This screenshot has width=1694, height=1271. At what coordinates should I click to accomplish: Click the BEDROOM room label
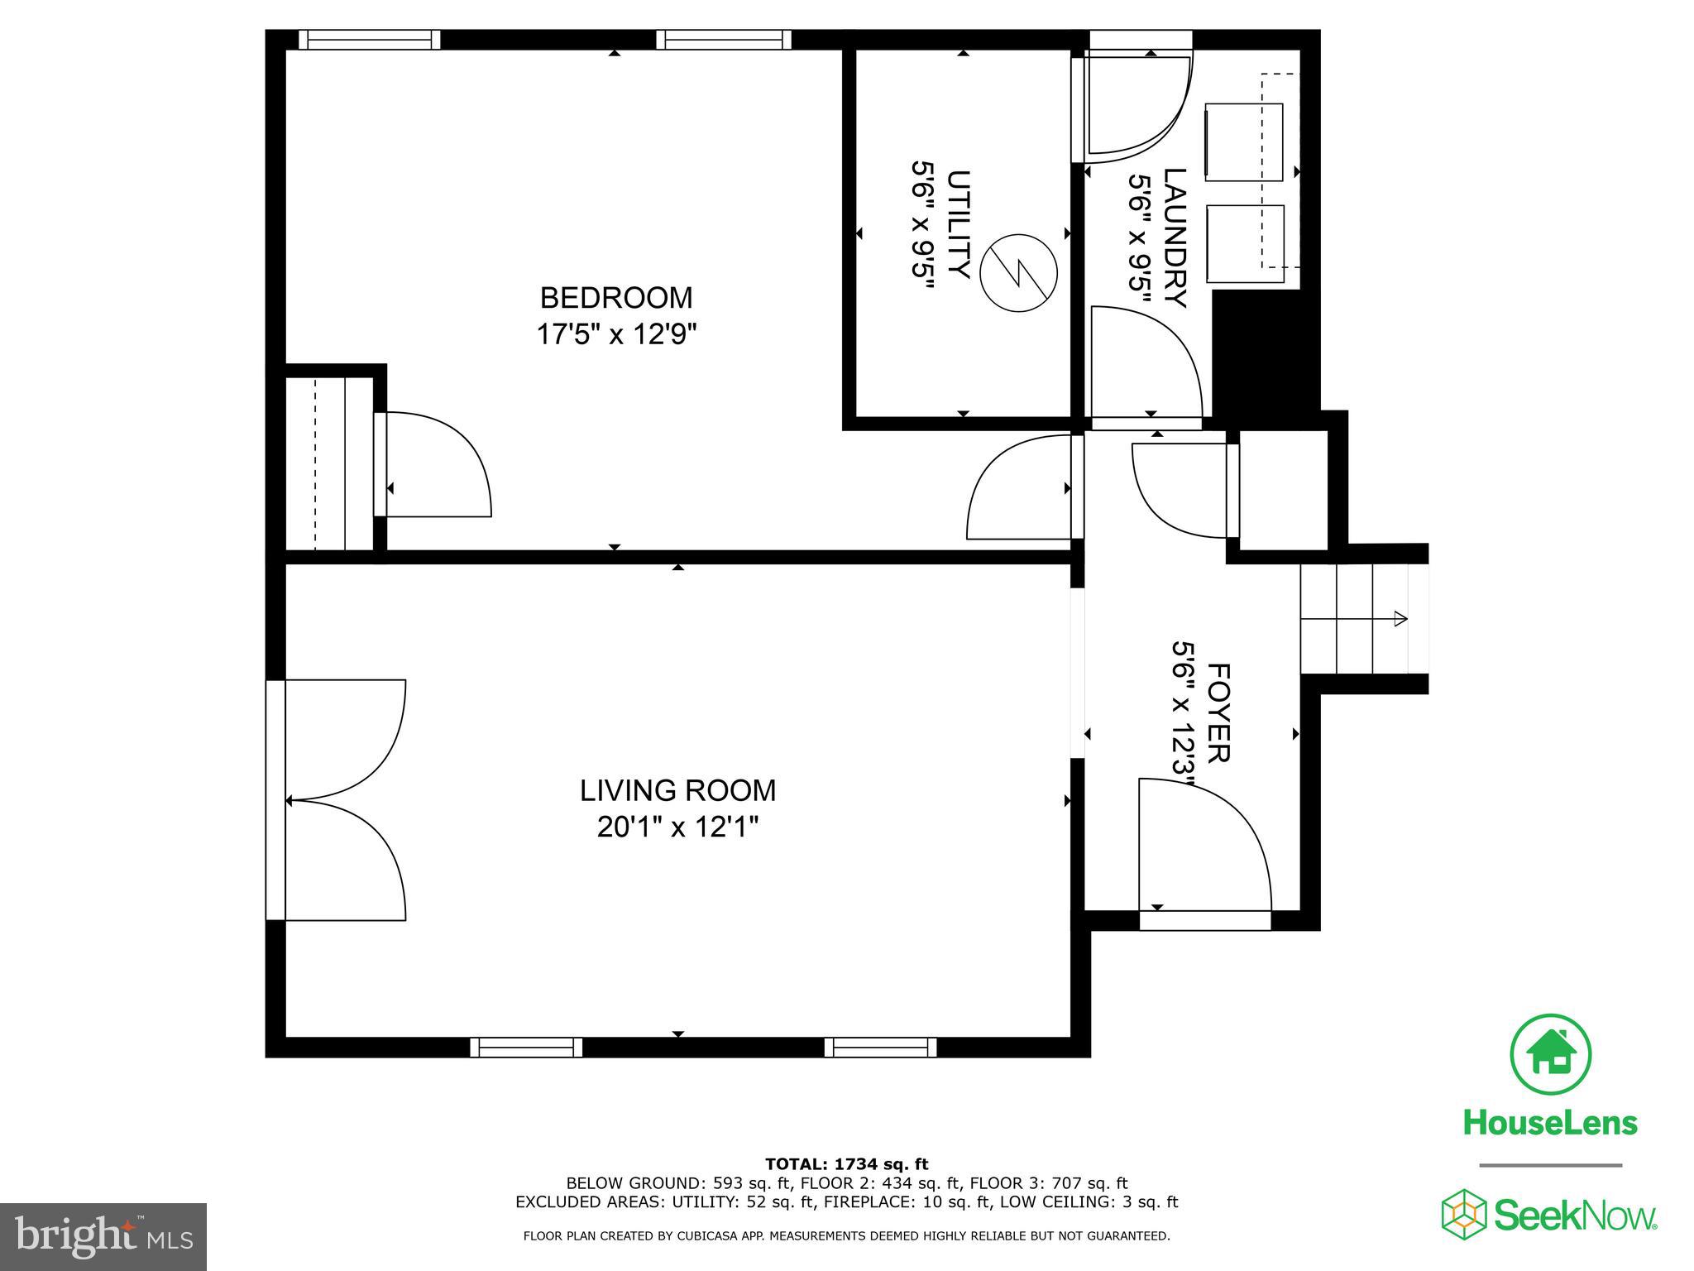615,297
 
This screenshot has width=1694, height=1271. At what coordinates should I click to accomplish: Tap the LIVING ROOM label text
677,791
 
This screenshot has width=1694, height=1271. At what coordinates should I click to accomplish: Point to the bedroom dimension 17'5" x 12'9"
615,334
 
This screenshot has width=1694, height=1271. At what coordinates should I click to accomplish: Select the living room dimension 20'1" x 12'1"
677,827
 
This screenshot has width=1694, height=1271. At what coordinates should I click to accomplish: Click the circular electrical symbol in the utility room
1018,272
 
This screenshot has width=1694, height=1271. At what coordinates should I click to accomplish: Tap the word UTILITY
958,224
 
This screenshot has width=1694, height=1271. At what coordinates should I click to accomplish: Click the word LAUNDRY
1175,237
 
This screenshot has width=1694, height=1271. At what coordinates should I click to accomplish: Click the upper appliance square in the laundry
1243,141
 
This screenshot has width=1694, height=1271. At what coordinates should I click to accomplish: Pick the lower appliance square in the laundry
1245,243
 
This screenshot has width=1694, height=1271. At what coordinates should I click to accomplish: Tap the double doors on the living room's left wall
343,799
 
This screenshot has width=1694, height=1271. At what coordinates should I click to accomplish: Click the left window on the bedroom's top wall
369,40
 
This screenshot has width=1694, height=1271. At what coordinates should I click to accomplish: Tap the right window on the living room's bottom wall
880,1048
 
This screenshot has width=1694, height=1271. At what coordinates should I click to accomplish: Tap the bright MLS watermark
103,1236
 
